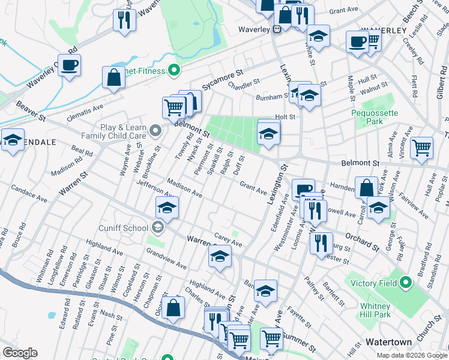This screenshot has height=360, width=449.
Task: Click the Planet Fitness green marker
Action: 175,71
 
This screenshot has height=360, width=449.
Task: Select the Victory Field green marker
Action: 405,281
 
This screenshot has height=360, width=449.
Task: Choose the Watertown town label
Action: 389,342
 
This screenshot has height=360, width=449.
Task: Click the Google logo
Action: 20,353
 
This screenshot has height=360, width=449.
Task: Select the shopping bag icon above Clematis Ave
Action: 113,77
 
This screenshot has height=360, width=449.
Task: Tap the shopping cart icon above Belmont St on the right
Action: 422,146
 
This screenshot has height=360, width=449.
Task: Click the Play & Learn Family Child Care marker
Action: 155,130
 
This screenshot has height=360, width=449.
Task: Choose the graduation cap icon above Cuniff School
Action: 166,208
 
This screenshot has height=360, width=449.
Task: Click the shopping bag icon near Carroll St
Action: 366,187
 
